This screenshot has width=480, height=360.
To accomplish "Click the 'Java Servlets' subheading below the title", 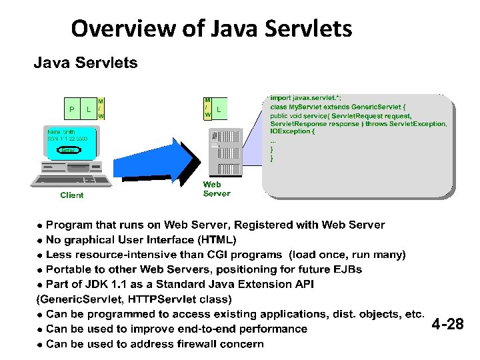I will coord(86,63).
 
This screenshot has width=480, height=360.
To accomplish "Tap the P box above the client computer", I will coord(71,109).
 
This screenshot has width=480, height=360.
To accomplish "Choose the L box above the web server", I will coord(219,108).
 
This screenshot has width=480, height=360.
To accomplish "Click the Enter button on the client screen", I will coord(69,151).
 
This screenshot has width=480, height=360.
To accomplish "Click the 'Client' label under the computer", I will coord(72,195).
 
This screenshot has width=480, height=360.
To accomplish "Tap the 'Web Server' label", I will coord(217,189).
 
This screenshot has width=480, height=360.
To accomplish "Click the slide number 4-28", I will coord(447,325).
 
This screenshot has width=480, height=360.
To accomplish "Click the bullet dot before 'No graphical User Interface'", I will coord(40,240).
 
